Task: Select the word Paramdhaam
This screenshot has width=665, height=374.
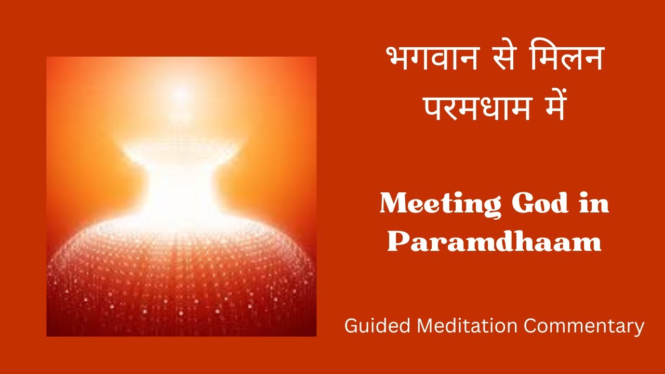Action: tap(494, 243)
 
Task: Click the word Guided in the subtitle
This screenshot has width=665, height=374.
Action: tap(378, 326)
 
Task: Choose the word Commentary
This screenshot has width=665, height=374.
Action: tap(584, 326)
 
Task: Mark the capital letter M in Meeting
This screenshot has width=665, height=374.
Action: tap(394, 204)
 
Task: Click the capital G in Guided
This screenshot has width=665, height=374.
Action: tap(351, 326)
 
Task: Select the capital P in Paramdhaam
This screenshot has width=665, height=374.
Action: tap(397, 243)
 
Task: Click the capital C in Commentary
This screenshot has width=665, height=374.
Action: tap(530, 326)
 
